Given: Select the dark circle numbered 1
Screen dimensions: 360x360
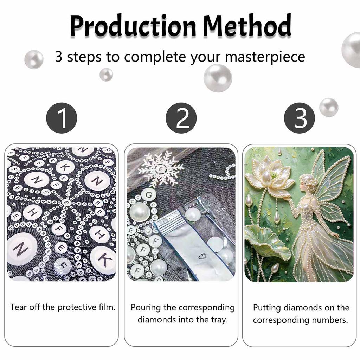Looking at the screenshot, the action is [x=62, y=118].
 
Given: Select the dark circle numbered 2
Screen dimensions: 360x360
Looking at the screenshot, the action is [x=181, y=118].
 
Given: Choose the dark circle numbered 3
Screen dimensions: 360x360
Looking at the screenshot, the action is [x=300, y=118].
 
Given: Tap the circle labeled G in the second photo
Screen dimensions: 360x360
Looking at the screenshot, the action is [x=149, y=195].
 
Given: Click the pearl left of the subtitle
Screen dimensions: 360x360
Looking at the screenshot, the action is [x=34, y=59].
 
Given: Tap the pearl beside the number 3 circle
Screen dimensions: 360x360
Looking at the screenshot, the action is [x=329, y=107].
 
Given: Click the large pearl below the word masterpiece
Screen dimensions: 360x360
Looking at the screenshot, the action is [x=218, y=78].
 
